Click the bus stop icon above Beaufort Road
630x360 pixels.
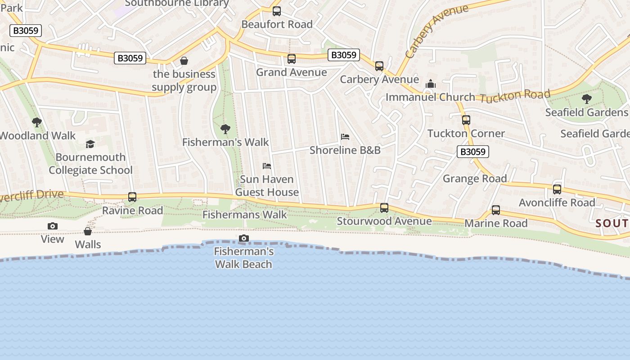tap(277, 11)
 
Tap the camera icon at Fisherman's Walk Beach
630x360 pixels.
tap(244, 238)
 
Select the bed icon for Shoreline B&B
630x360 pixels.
tap(345, 137)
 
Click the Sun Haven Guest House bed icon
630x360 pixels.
tap(267, 166)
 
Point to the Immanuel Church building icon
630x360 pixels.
tap(431, 84)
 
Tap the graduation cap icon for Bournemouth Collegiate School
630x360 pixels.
tap(90, 144)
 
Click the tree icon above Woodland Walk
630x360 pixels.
tap(37, 122)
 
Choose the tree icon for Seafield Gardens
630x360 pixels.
tap(586, 99)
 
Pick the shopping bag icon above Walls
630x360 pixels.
tap(88, 231)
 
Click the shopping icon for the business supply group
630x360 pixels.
tap(184, 61)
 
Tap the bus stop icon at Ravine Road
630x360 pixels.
tap(132, 197)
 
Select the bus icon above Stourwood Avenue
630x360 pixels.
tap(384, 208)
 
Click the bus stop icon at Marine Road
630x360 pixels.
tap(496, 210)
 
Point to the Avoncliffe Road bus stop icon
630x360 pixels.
tap(557, 189)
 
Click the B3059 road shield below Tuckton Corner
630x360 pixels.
tap(472, 152)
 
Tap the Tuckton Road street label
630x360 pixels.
tap(515, 95)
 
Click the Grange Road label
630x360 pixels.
tap(475, 179)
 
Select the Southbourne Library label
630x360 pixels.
tap(177, 3)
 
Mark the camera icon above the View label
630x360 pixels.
tap(53, 226)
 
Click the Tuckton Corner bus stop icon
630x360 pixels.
tap(466, 120)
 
